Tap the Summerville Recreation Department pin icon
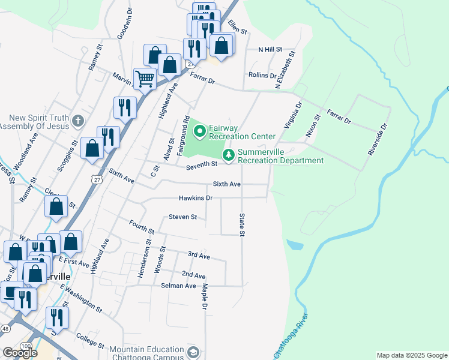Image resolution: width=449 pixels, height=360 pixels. [x=229, y=155]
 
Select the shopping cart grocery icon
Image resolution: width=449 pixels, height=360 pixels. [x=145, y=79]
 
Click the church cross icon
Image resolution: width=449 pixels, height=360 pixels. [x=77, y=122]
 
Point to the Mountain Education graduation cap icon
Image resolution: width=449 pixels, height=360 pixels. [x=193, y=352]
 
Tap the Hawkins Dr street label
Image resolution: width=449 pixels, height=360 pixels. [x=196, y=198]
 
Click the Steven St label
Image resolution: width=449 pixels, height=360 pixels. [x=182, y=217]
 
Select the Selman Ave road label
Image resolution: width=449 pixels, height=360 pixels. [x=178, y=286]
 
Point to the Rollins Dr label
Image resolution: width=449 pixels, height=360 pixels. [x=262, y=76]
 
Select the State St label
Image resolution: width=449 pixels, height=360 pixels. [x=243, y=224]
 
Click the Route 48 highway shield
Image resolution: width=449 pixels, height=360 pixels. [x=5, y=329]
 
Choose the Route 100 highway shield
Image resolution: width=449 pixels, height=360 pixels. [x=25, y=347]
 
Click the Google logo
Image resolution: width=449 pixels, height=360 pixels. [x=20, y=353]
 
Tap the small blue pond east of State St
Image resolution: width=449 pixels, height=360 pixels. [x=295, y=245]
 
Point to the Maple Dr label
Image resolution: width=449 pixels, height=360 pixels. [x=205, y=297]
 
